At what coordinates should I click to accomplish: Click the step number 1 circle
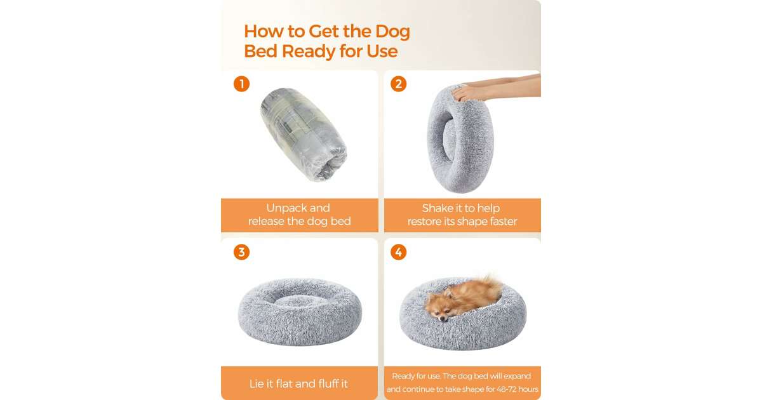(x=241, y=84)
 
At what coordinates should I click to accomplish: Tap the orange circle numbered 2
(x=398, y=84)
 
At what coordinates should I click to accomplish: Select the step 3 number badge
(x=241, y=252)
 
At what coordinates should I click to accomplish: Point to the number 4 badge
(x=398, y=252)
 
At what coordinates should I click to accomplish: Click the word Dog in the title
(x=392, y=32)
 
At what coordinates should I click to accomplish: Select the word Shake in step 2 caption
(x=437, y=208)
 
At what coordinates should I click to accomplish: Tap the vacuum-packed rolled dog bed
(x=304, y=135)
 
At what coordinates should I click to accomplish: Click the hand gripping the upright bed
(x=467, y=93)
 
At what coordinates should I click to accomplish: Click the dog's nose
(x=442, y=319)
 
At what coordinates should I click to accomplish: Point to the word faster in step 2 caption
(x=503, y=222)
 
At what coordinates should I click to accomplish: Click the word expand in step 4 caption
(x=517, y=376)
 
